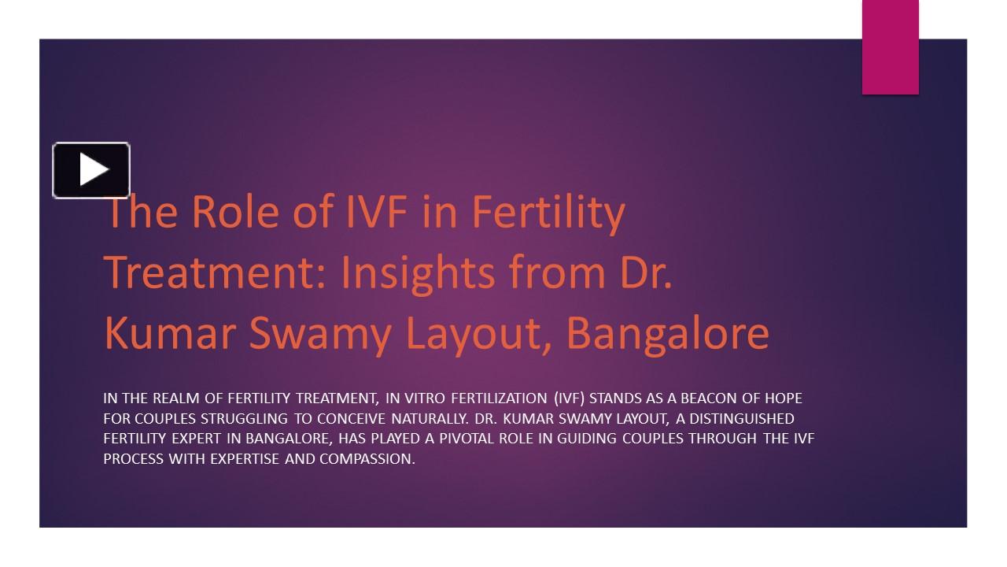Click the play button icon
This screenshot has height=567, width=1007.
click(x=91, y=169)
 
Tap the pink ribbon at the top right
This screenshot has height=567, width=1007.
click(x=890, y=47)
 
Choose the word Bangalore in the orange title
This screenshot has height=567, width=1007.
click(x=667, y=334)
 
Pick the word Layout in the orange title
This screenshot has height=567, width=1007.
click(x=477, y=334)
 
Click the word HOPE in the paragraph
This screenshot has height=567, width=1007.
click(x=782, y=398)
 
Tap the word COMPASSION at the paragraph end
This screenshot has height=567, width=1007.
click(x=367, y=459)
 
